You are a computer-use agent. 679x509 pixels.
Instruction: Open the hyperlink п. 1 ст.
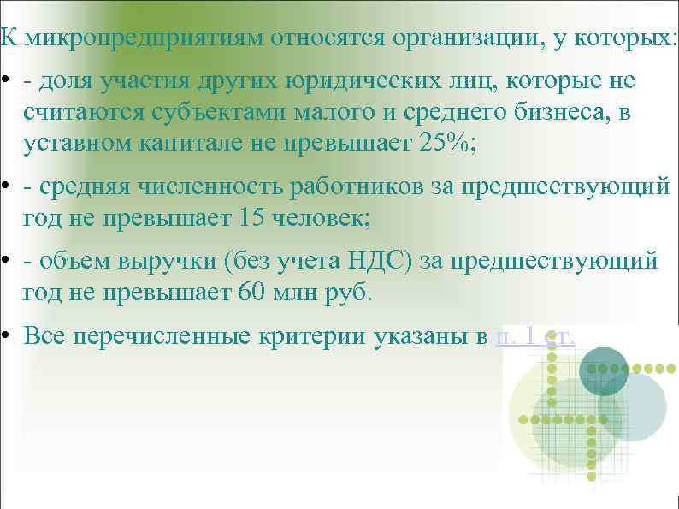coord(535,335)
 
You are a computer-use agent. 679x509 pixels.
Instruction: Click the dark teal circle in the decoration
coord(604,370)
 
